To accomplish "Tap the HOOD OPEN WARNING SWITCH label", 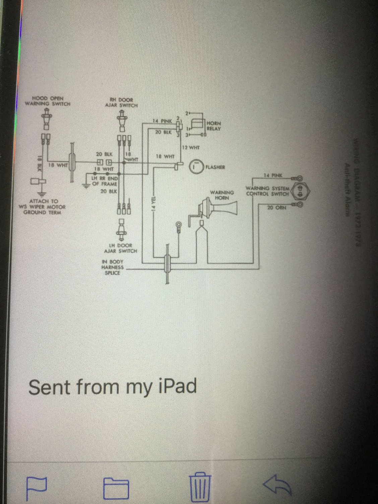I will [48, 101].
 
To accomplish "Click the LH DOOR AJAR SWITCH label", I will [120, 248].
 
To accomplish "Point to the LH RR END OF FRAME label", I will [104, 181].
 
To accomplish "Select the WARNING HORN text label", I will [222, 195].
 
